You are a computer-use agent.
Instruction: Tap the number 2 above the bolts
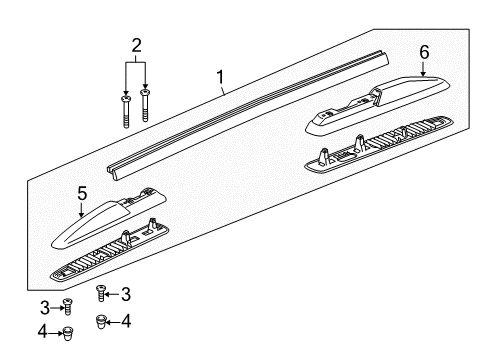tap(137, 44)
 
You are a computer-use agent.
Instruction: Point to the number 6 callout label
tap(423, 51)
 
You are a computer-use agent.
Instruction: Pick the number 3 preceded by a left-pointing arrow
tap(126, 292)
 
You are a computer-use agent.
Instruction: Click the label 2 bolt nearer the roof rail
tap(146, 105)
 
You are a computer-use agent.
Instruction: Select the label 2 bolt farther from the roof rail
tap(126, 112)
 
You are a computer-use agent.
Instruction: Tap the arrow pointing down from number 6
tap(423, 67)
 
